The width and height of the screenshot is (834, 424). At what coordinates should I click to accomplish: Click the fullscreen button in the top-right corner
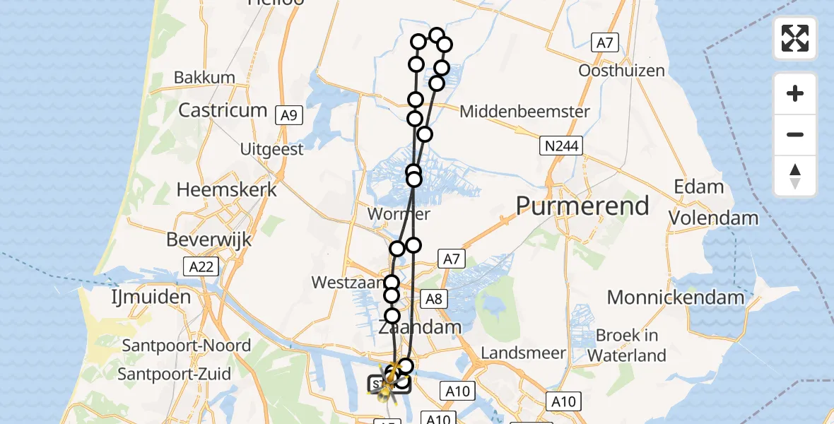pos(795,38)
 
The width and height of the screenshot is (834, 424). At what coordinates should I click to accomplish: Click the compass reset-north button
pos(795,176)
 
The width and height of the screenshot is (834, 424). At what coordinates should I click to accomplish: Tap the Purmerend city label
pos(582,206)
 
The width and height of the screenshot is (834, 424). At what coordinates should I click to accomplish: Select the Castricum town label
pos(223,110)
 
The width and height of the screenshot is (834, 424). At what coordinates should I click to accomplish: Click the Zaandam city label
pos(420,327)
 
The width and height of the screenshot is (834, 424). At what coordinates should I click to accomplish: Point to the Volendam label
pos(713,218)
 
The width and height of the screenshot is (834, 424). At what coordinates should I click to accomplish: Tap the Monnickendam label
pos(675,297)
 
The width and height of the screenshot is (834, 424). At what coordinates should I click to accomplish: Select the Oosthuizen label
pos(621,71)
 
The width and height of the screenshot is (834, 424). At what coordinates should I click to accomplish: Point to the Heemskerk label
pos(226,189)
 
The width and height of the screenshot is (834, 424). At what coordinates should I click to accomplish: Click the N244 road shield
pos(560,146)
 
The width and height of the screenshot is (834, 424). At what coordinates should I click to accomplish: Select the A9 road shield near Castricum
pos(288,116)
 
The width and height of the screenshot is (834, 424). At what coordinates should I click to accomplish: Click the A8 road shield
pos(433,299)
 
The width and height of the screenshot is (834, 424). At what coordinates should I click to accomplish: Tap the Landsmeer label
pos(523,352)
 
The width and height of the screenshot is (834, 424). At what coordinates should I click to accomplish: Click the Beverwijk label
pos(209,240)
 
